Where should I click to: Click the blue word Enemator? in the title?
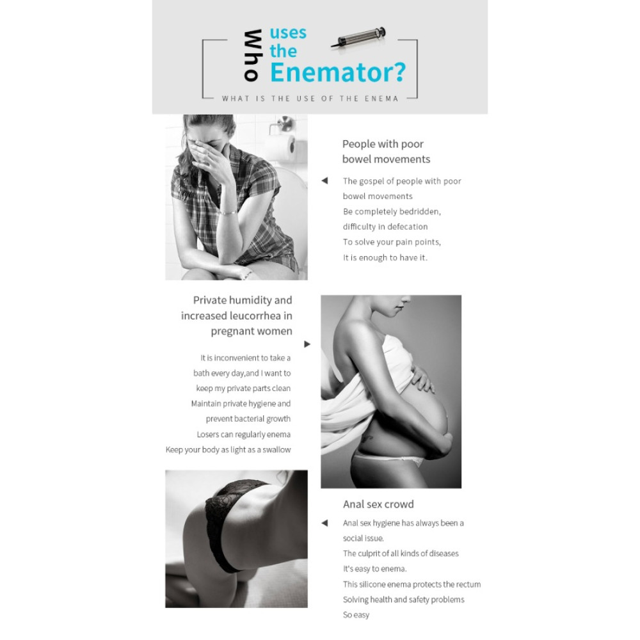point(337,72)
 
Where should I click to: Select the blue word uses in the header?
point(288,33)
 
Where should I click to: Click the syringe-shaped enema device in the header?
point(358,38)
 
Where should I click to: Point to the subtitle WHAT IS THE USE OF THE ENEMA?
point(310,99)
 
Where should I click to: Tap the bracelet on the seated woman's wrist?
point(228,212)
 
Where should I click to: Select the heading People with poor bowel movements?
point(386,152)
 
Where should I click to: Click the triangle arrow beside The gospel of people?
point(324,180)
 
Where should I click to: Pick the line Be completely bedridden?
point(392,211)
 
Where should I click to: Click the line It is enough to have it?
point(385,257)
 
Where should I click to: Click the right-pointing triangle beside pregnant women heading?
point(307,344)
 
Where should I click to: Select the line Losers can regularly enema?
point(244,435)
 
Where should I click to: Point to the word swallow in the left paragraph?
point(276,449)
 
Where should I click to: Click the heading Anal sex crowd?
point(378,504)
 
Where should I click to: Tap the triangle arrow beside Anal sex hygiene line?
point(324,523)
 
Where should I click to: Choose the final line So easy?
point(356,614)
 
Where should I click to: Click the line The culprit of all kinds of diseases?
point(401,554)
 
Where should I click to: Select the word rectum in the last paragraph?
point(469,584)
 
